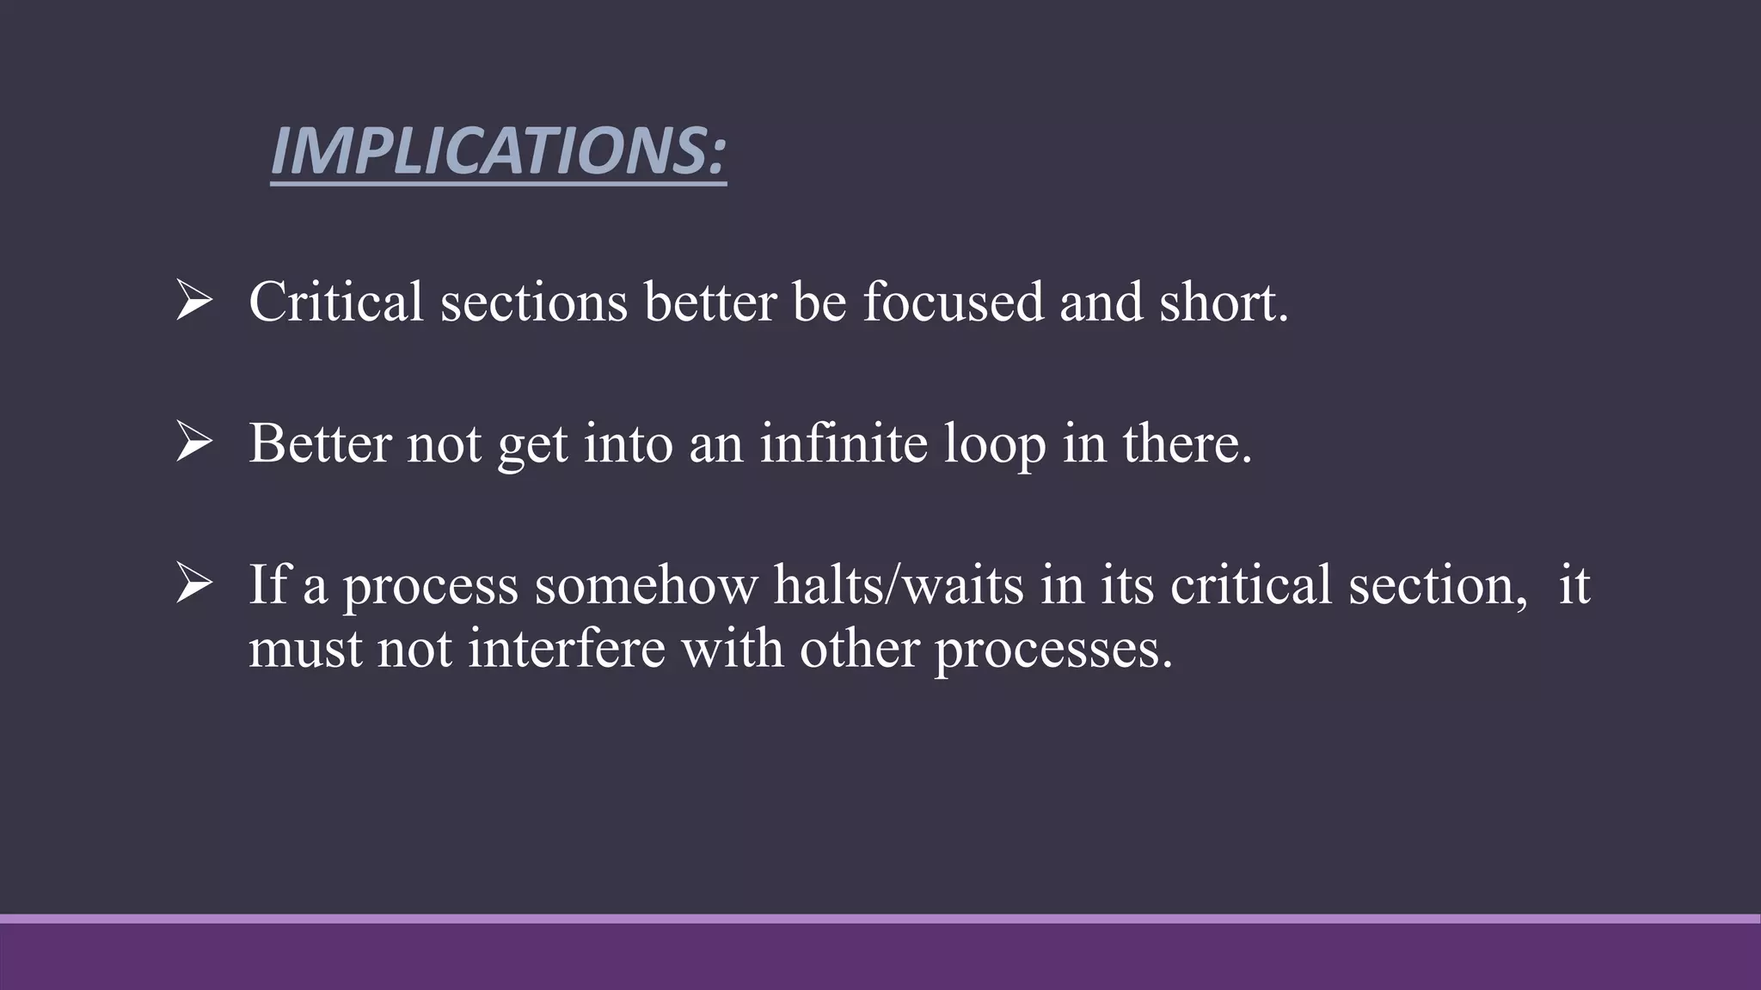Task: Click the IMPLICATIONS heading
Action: pos(498,152)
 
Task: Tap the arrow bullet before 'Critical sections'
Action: pos(193,302)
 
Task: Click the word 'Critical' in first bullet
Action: pos(336,302)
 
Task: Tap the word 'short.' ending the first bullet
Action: pos(1224,302)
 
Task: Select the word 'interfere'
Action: pos(567,648)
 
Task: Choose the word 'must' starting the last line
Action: pos(304,650)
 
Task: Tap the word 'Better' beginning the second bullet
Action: pos(320,443)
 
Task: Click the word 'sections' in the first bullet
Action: pos(534,302)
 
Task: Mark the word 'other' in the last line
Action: pos(859,648)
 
